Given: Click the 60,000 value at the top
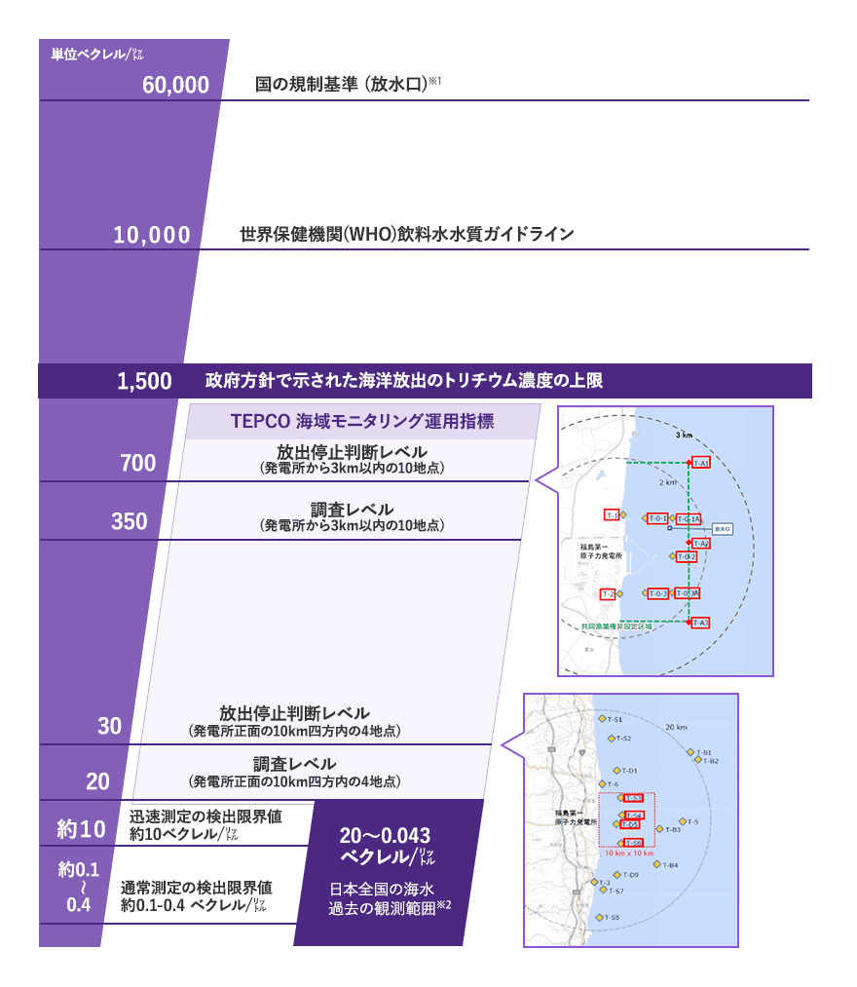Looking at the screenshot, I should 175,85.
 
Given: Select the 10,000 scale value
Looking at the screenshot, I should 151,235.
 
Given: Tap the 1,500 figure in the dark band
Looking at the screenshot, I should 144,381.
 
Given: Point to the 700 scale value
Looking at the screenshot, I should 137,463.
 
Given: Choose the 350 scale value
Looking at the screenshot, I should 130,521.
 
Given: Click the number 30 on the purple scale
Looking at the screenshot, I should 109,726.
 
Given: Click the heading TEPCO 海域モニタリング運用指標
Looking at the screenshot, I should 362,422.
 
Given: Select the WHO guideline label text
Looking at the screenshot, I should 406,235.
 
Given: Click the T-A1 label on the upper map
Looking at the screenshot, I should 700,463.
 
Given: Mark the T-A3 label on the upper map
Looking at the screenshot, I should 699,623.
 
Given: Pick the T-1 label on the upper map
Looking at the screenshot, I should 612,514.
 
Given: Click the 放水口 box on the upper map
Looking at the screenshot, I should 722,529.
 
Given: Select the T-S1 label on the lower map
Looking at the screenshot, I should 613,719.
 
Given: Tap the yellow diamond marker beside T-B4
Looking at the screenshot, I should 657,864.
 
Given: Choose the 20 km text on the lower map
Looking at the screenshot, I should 677,728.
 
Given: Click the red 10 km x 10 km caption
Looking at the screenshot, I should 629,854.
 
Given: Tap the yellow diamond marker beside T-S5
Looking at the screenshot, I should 602,917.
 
